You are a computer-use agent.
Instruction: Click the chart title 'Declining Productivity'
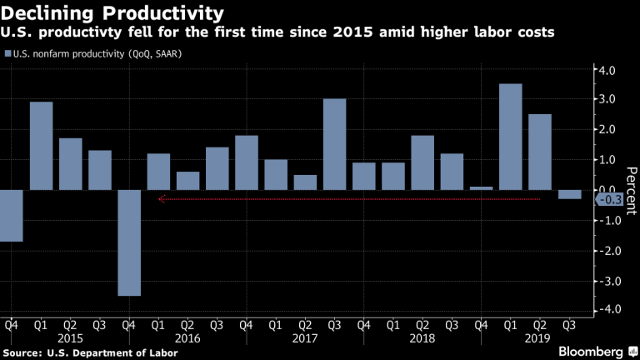[x=112, y=13]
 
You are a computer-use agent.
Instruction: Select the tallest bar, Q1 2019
[x=510, y=137]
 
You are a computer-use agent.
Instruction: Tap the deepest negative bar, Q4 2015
[x=129, y=242]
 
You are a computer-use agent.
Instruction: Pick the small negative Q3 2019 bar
[x=569, y=194]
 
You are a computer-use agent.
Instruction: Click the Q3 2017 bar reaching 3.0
[x=334, y=144]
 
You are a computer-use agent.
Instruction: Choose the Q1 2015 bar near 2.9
[x=42, y=146]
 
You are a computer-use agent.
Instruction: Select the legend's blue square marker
[x=8, y=54]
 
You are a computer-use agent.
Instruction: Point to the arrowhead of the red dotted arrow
[x=161, y=199]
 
